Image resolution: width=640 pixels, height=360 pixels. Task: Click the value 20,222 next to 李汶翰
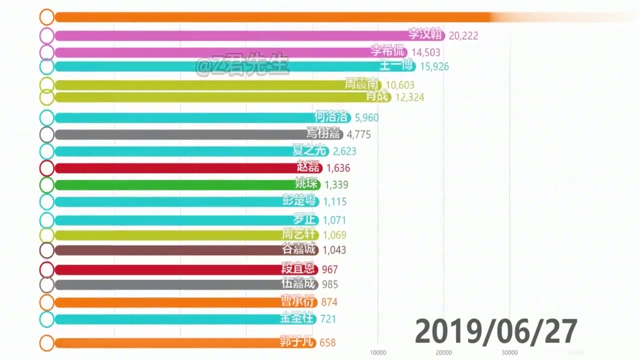[x=463, y=35]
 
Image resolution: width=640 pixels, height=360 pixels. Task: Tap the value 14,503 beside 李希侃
[x=426, y=52]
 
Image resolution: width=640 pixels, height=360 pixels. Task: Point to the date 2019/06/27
[x=496, y=331]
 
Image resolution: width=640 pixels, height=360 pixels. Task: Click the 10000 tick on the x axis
[x=378, y=352]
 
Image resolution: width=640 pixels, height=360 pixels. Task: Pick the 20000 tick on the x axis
[x=444, y=352]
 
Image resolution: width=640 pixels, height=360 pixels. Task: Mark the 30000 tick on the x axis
[x=510, y=352]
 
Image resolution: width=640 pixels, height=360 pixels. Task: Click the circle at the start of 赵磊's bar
[x=46, y=168]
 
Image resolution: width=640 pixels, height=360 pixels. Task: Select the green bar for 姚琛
[x=175, y=185]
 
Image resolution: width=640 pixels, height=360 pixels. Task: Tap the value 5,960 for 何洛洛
[x=366, y=118]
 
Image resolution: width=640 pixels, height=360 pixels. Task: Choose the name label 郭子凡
[x=298, y=342]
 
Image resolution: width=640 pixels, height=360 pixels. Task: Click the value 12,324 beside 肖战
[x=409, y=97]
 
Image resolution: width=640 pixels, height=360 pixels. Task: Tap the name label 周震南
[x=363, y=84]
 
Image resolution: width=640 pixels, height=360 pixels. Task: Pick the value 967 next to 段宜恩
[x=330, y=270]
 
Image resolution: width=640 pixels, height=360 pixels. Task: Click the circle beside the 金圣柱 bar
[x=46, y=319]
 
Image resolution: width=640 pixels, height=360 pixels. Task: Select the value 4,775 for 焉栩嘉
[x=358, y=134]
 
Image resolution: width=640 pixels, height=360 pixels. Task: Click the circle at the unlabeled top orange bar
[x=46, y=17]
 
